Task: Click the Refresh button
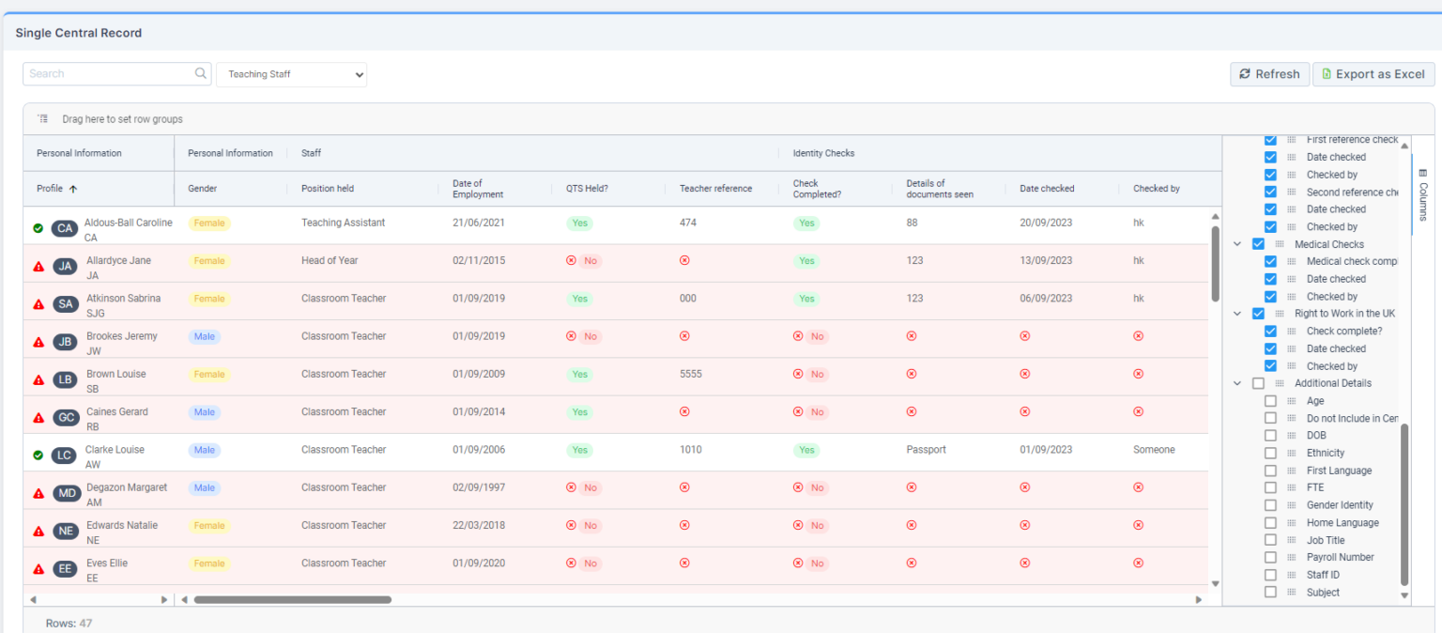tap(1268, 74)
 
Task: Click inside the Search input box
tap(108, 74)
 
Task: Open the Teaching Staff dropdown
tap(291, 74)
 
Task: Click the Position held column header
tap(328, 189)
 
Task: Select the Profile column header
tap(50, 189)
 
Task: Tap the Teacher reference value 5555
tap(691, 374)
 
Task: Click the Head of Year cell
tap(330, 261)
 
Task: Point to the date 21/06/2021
tap(479, 224)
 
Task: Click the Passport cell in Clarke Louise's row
tap(926, 450)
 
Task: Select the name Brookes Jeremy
tap(122, 336)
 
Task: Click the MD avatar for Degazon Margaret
tap(66, 493)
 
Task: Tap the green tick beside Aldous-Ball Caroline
tap(38, 228)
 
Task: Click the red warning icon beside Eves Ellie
tap(38, 569)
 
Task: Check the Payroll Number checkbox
tap(1270, 557)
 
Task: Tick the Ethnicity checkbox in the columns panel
tap(1270, 453)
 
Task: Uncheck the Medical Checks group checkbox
tap(1258, 244)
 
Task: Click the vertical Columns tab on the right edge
tap(1422, 194)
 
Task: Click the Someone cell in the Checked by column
tap(1154, 450)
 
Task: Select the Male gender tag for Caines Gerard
tap(205, 412)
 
